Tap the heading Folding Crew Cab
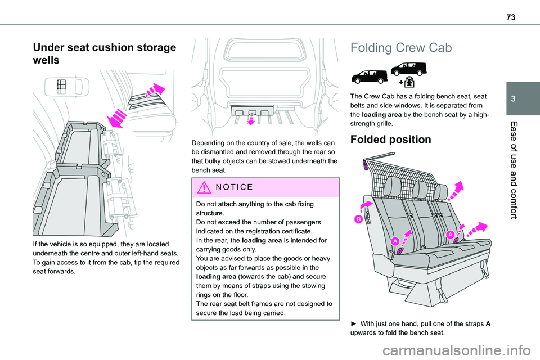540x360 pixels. click(x=401, y=48)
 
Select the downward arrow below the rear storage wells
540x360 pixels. click(x=251, y=117)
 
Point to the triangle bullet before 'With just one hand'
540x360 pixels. click(x=354, y=323)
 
